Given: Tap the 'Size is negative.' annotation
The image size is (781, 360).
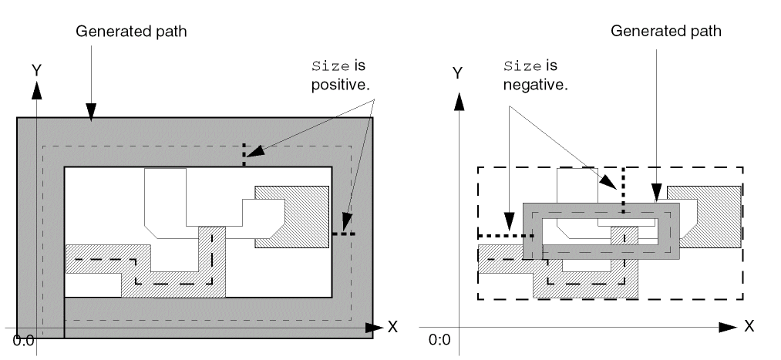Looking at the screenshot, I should pos(534,75).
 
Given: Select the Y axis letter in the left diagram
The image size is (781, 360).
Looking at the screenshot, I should pos(35,70).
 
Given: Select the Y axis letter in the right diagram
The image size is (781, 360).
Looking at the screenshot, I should pos(457,73).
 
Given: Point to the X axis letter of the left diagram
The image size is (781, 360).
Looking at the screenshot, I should pos(392,327).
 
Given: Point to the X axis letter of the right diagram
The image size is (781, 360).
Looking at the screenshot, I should pos(749,327).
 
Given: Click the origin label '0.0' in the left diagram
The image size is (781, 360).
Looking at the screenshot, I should pos(23,340).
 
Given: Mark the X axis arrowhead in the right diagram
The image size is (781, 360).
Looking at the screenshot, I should pos(729,327).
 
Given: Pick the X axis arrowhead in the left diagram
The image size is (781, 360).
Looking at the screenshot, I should pos(374,327).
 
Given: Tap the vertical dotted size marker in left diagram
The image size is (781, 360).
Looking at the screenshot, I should pos(244,154).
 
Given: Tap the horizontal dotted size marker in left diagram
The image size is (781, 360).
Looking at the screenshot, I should pos(344,234).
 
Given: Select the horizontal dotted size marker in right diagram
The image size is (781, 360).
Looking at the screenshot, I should pos(500,235).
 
